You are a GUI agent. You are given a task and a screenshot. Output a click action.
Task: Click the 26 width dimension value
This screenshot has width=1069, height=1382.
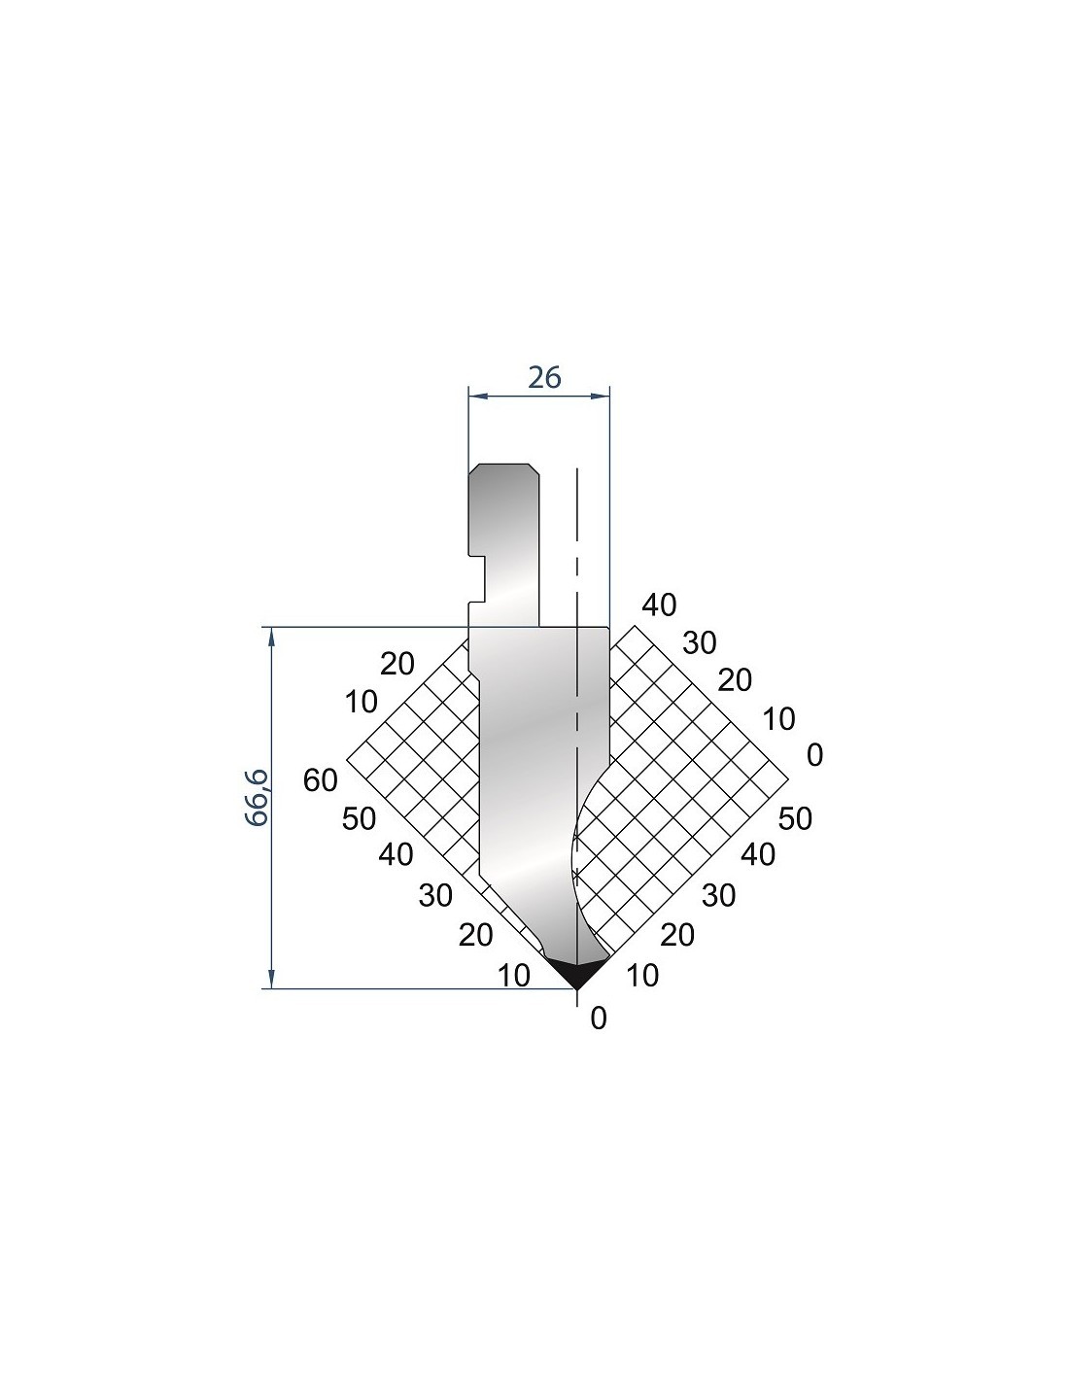[544, 378]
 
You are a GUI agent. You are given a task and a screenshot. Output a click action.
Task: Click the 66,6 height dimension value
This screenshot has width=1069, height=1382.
[258, 798]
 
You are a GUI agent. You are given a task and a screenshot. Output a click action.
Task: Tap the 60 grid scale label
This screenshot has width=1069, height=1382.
[320, 780]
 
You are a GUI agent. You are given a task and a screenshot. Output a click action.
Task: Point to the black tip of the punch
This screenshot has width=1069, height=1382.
[576, 972]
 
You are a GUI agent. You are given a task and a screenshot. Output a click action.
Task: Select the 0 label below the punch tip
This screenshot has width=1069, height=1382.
[599, 1019]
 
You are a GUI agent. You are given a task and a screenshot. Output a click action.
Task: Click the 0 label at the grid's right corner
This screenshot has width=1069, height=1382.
[814, 755]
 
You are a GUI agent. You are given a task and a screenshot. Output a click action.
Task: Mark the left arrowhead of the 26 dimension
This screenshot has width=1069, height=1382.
[477, 397]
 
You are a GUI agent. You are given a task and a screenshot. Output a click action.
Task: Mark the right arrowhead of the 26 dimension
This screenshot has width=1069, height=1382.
[600, 397]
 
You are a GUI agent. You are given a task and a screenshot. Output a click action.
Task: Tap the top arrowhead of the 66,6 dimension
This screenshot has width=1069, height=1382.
[272, 637]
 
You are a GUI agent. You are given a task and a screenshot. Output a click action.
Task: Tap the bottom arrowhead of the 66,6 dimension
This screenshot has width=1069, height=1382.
[272, 979]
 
